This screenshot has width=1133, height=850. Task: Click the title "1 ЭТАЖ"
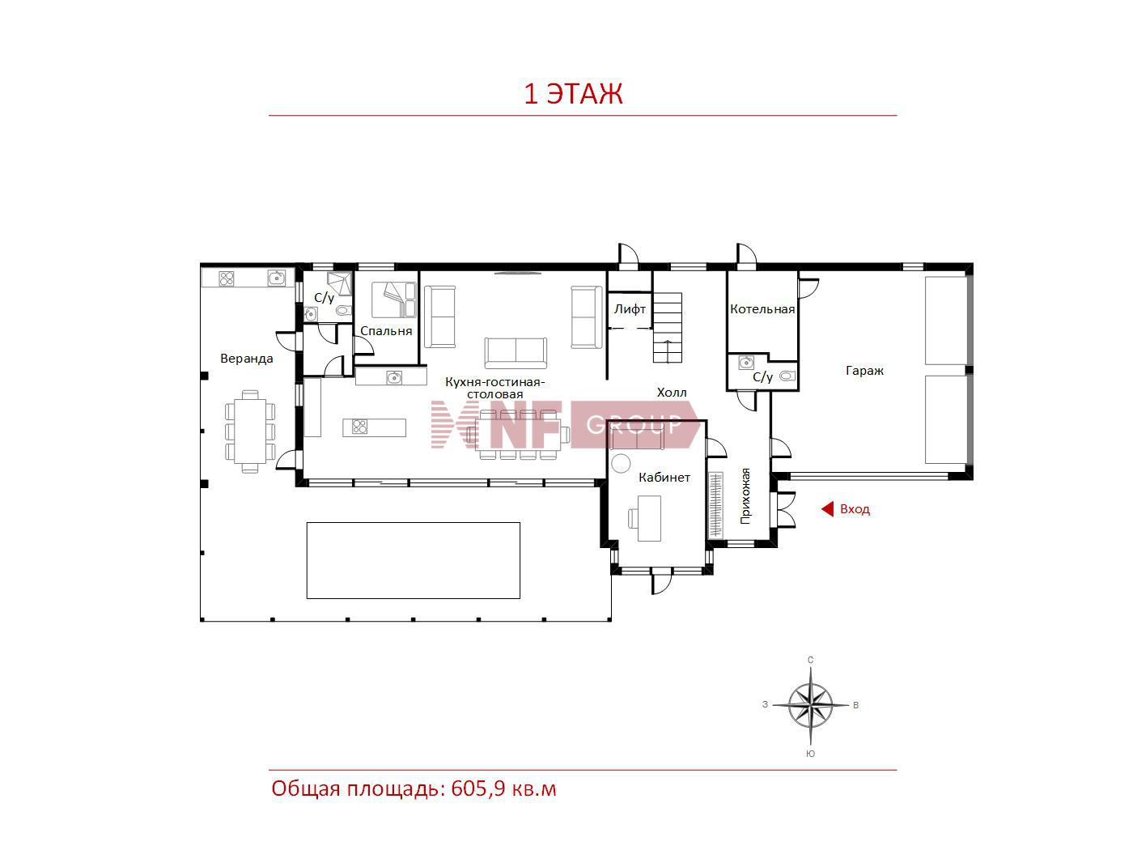point(573,94)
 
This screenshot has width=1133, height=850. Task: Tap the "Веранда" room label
point(247,358)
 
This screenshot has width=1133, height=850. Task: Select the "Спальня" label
point(386,331)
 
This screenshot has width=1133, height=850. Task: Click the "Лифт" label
point(630,309)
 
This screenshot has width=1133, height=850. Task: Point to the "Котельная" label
point(762,309)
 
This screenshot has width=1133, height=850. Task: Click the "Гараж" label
point(864,371)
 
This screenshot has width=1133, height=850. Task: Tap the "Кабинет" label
point(664,478)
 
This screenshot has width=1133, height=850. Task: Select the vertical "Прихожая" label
point(745,496)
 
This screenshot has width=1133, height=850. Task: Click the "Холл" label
point(672,393)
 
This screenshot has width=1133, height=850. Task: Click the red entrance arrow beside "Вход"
point(827,509)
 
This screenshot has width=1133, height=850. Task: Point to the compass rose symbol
point(810,705)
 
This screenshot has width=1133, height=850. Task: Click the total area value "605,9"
point(477,788)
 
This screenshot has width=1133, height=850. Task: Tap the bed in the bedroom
point(394,300)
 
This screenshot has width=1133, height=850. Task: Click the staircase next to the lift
point(668,328)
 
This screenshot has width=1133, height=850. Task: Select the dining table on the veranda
point(250,431)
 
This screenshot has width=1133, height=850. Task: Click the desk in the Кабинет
point(649,518)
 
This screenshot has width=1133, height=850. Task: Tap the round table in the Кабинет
point(621,462)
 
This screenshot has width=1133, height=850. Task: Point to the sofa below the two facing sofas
point(516,353)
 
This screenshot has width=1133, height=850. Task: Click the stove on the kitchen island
point(360,427)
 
